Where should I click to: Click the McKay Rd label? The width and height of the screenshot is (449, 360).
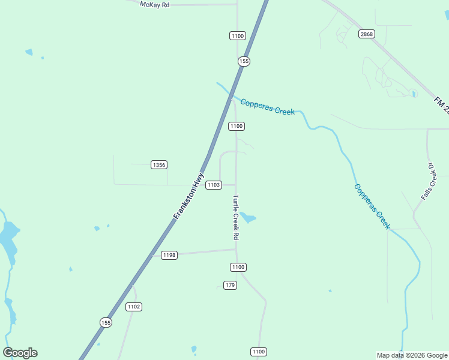coord(155,4)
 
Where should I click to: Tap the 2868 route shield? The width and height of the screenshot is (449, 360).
coord(367,34)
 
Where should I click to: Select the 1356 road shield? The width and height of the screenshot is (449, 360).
coord(159,165)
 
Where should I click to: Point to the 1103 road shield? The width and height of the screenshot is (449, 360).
coord(214,185)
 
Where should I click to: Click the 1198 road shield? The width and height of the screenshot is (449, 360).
coord(169,255)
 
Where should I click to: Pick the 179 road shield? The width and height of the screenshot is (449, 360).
coord(230,285)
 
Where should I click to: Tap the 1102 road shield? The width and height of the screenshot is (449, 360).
coord(134,307)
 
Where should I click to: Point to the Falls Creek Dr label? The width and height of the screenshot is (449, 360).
coord(428,181)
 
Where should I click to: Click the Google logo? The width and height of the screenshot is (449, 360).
coord(20,353)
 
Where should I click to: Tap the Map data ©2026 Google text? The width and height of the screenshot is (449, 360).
coord(412,355)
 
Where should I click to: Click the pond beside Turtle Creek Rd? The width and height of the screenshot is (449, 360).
coord(247,217)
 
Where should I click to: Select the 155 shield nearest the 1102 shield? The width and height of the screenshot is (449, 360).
coord(106,322)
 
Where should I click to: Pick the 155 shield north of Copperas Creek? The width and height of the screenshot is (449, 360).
coord(244,61)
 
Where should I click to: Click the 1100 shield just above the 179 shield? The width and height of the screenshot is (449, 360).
coord(238,267)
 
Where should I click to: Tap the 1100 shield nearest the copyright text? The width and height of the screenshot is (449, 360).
coord(258,352)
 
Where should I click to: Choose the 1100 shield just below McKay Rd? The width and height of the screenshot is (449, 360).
coord(237,36)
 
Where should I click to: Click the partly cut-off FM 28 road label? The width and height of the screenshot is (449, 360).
coord(442,106)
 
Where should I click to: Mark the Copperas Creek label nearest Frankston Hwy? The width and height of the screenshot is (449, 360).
coord(267,107)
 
